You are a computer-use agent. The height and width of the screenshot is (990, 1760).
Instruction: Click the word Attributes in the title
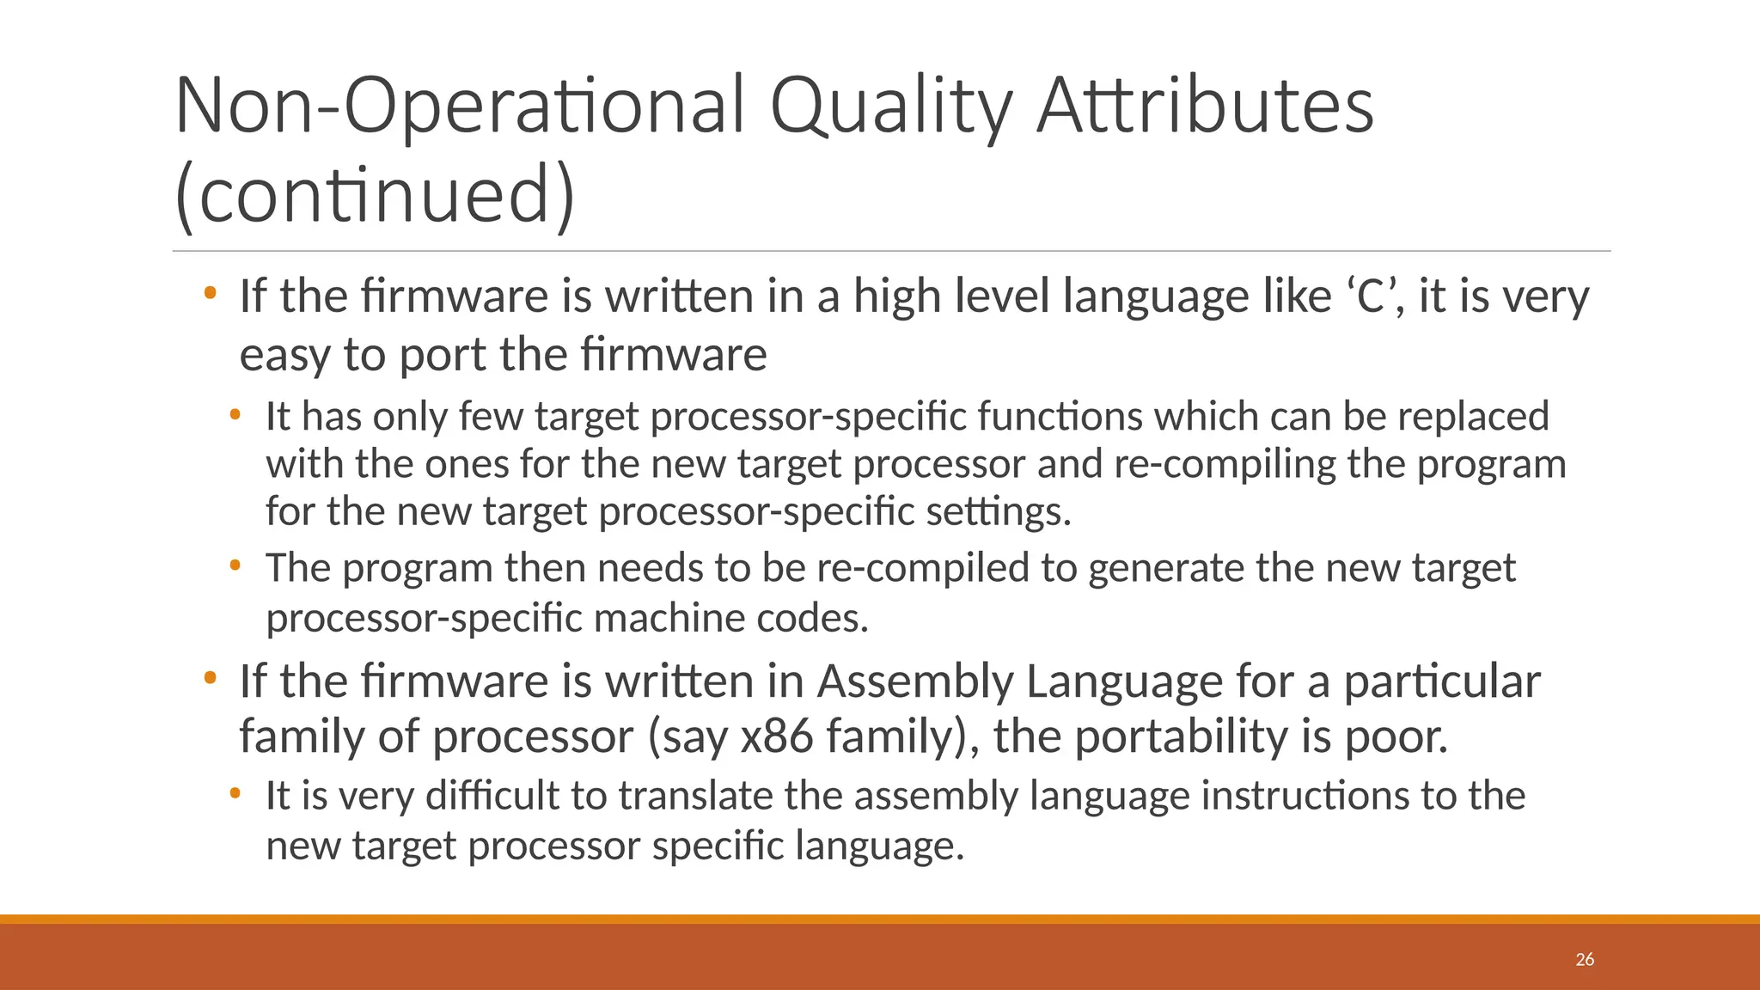coord(1205,107)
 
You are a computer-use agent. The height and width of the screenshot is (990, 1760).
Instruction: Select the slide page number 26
coord(1585,959)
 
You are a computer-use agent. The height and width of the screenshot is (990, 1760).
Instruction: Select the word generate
coord(1165,569)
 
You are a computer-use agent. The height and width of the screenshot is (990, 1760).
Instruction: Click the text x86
coord(776,736)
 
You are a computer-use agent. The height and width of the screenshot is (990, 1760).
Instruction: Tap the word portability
coord(1182,736)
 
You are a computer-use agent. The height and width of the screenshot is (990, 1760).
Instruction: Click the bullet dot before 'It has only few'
coord(235,416)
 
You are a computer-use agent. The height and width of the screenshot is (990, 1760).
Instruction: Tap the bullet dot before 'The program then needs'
coord(235,566)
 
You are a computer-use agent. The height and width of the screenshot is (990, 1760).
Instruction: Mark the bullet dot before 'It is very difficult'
coord(235,793)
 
